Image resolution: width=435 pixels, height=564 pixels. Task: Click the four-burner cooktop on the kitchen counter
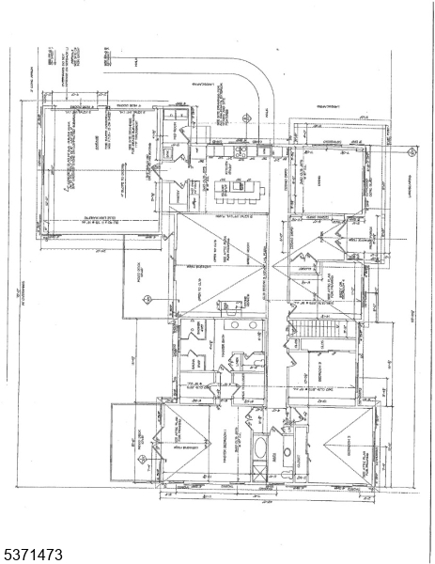[x=241, y=150]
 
